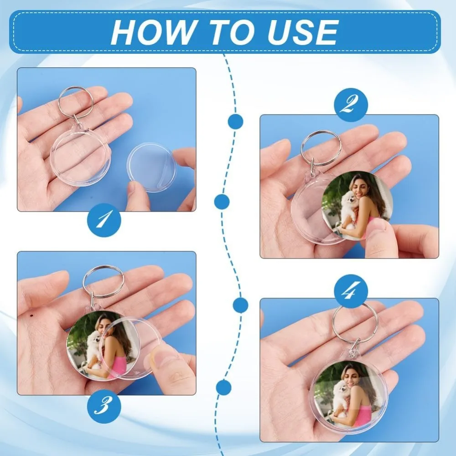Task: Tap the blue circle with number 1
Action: click(x=104, y=220)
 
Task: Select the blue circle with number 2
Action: click(x=351, y=105)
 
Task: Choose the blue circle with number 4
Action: click(x=351, y=291)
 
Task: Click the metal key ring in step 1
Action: click(x=75, y=102)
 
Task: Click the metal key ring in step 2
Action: click(x=321, y=147)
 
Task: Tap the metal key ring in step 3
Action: click(x=104, y=281)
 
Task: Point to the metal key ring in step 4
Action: click(x=354, y=323)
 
